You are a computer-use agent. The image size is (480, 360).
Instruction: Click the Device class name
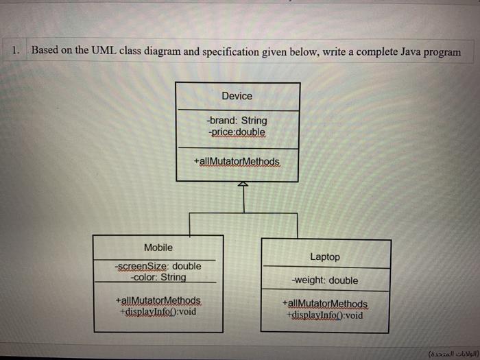click(237, 96)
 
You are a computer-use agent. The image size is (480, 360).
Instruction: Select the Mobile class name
click(158, 248)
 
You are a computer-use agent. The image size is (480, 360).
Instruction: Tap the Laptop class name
click(324, 256)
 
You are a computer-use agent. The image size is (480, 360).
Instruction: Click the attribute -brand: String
click(237, 120)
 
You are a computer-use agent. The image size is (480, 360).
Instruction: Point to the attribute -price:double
click(237, 131)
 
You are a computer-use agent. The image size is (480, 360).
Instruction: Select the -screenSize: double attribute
click(158, 266)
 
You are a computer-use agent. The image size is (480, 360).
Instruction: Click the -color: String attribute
click(158, 277)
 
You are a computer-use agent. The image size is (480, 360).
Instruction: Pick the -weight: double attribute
click(324, 280)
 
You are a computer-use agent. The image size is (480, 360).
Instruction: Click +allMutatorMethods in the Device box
click(237, 161)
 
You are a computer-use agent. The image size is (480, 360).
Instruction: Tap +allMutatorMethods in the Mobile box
click(158, 300)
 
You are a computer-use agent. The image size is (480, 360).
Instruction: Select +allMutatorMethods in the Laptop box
click(324, 304)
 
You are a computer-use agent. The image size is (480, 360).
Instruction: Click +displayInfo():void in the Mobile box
click(158, 311)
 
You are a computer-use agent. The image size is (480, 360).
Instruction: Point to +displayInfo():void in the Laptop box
click(324, 315)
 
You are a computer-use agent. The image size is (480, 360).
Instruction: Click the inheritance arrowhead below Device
click(241, 185)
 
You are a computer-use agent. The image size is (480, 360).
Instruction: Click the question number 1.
click(16, 50)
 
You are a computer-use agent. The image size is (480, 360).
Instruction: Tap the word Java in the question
click(405, 52)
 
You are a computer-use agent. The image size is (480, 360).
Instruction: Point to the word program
click(442, 53)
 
